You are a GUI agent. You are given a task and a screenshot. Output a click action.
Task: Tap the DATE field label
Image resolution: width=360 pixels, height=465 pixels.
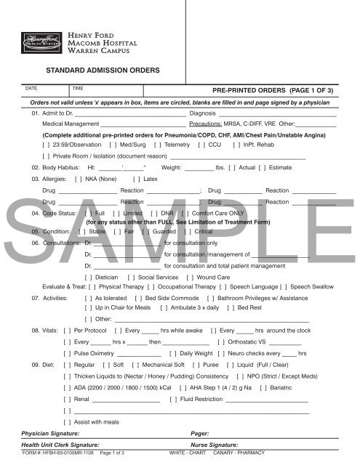click(31, 88)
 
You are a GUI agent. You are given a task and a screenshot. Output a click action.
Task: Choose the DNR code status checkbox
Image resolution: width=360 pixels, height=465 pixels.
click(152, 214)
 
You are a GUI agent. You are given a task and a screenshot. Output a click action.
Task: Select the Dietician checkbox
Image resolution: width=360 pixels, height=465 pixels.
click(88, 277)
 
